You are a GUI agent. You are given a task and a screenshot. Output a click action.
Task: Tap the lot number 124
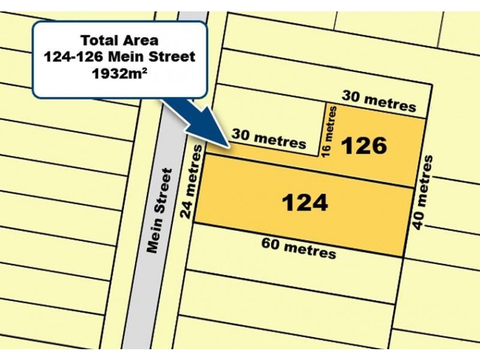pyautogui.click(x=305, y=203)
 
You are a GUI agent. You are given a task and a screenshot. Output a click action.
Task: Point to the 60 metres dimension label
pyautogui.click(x=298, y=248)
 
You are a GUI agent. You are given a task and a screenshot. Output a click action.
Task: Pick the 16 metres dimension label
pyautogui.click(x=330, y=131)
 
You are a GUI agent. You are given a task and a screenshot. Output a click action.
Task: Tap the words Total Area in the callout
pyautogui.click(x=119, y=41)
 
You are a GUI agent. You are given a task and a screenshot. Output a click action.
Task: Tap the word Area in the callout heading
pyautogui.click(x=142, y=41)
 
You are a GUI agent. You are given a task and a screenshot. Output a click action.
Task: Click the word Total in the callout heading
pyautogui.click(x=98, y=41)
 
